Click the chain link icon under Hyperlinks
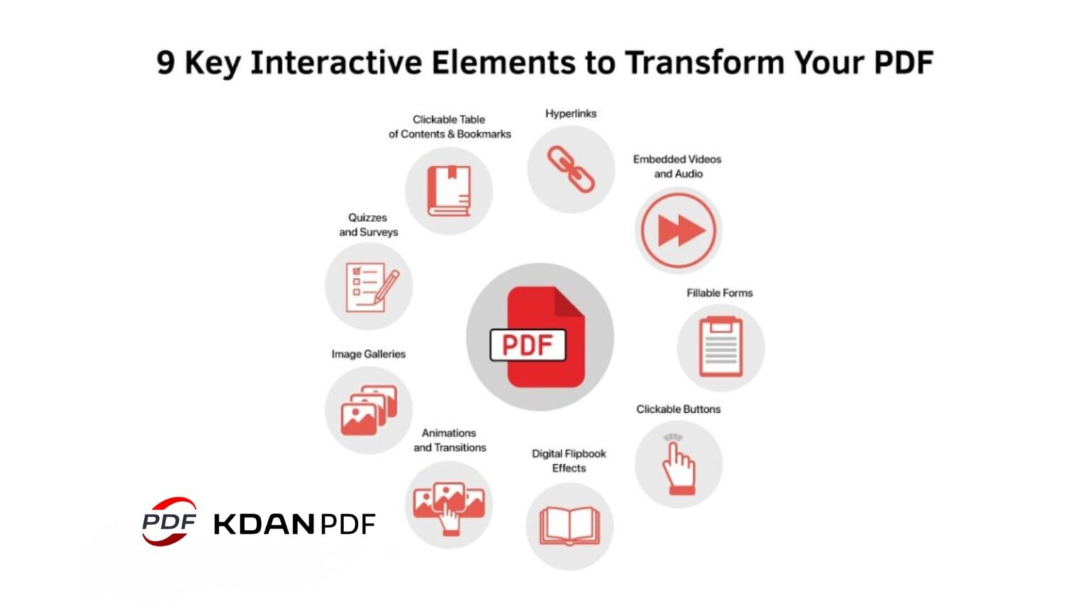click(x=571, y=170)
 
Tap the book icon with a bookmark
click(x=448, y=191)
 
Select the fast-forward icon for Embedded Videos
click(x=678, y=230)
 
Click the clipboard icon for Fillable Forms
click(x=721, y=347)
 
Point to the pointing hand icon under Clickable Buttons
click(x=678, y=465)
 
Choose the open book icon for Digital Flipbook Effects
click(x=570, y=526)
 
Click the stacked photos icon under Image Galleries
click(x=369, y=410)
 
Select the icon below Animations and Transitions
click(x=448, y=508)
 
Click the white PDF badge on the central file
click(x=528, y=345)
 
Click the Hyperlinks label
click(x=571, y=114)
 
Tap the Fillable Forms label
click(x=720, y=293)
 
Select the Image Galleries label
click(x=368, y=354)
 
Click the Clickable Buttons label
click(x=678, y=409)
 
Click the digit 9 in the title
click(x=165, y=62)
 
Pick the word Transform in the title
click(x=705, y=62)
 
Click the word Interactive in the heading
click(x=336, y=62)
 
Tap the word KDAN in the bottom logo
click(x=264, y=524)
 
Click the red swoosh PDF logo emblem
click(x=169, y=521)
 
